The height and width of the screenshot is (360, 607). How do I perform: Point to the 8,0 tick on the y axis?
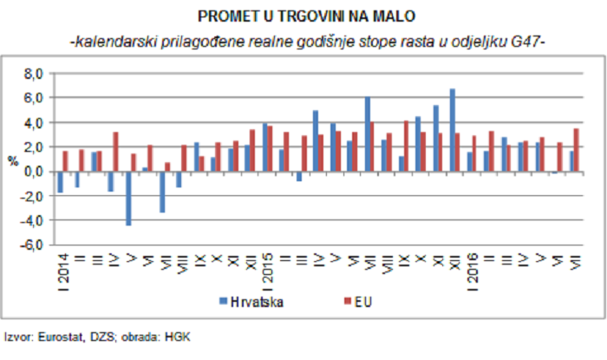click(x=30, y=75)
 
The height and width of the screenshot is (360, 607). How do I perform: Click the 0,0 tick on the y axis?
click(x=30, y=172)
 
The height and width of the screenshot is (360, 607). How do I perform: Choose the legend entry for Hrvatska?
click(x=256, y=303)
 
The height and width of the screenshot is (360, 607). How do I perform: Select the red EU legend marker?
click(x=344, y=303)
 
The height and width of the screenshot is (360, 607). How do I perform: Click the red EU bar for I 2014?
click(x=65, y=161)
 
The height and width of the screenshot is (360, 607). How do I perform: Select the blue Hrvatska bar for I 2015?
click(x=265, y=147)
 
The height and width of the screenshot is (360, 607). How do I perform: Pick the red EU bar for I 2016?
click(x=474, y=154)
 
